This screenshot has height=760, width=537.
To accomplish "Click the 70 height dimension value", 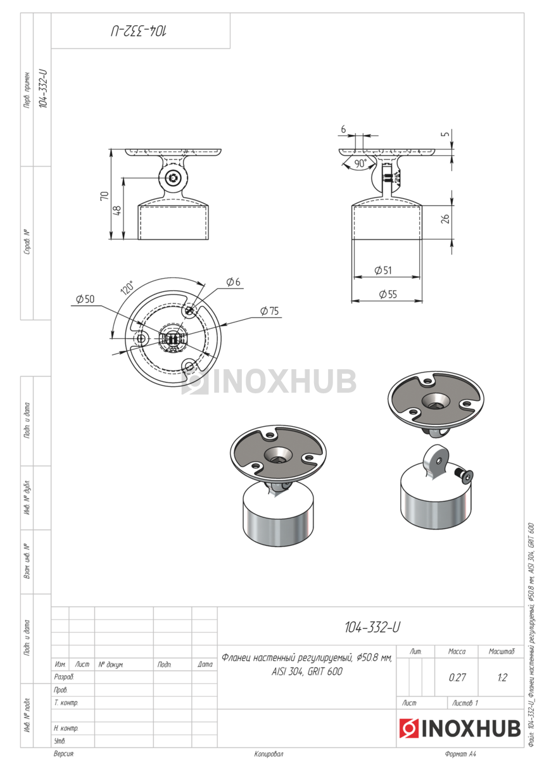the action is click(104, 196).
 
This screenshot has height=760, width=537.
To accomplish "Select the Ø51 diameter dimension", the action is click(383, 270).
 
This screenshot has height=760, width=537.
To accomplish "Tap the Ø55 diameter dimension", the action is click(388, 294).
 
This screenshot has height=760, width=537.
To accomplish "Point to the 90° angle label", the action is click(360, 163).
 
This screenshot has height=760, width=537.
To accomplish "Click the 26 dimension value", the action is click(445, 219).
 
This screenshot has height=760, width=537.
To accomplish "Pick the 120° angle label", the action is click(127, 288).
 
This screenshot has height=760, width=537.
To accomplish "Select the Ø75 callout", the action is click(269, 311).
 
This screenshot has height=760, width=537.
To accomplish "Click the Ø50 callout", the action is click(85, 299).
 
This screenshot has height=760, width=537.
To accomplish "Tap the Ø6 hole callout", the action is click(233, 282).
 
